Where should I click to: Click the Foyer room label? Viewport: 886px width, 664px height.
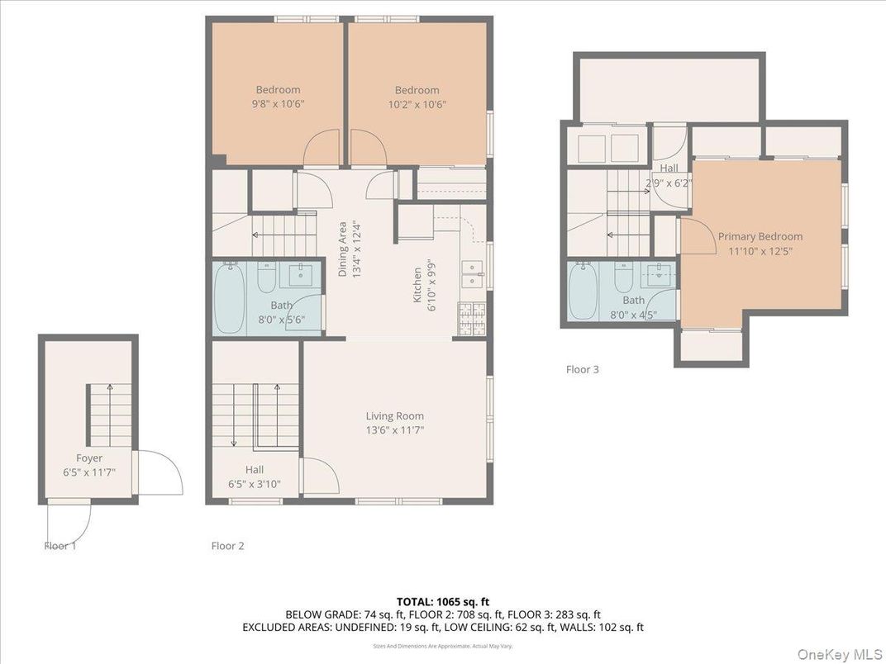click(88, 458)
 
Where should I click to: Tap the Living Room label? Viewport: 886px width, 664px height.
click(395, 416)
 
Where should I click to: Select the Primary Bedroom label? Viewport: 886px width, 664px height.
click(760, 236)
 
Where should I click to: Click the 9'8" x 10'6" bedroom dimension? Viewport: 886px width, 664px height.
click(278, 104)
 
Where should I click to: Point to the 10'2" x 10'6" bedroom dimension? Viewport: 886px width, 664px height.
click(417, 104)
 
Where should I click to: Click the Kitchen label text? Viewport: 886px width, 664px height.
click(418, 283)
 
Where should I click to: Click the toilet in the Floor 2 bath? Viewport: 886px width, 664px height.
click(266, 279)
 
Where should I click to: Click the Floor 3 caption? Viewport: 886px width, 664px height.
click(582, 369)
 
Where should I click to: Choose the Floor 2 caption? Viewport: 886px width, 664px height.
click(227, 545)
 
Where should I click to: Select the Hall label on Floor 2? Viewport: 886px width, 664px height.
click(254, 469)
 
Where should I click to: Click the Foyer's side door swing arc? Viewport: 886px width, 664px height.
click(161, 472)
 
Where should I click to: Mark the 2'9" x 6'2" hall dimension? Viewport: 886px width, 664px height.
click(669, 183)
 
